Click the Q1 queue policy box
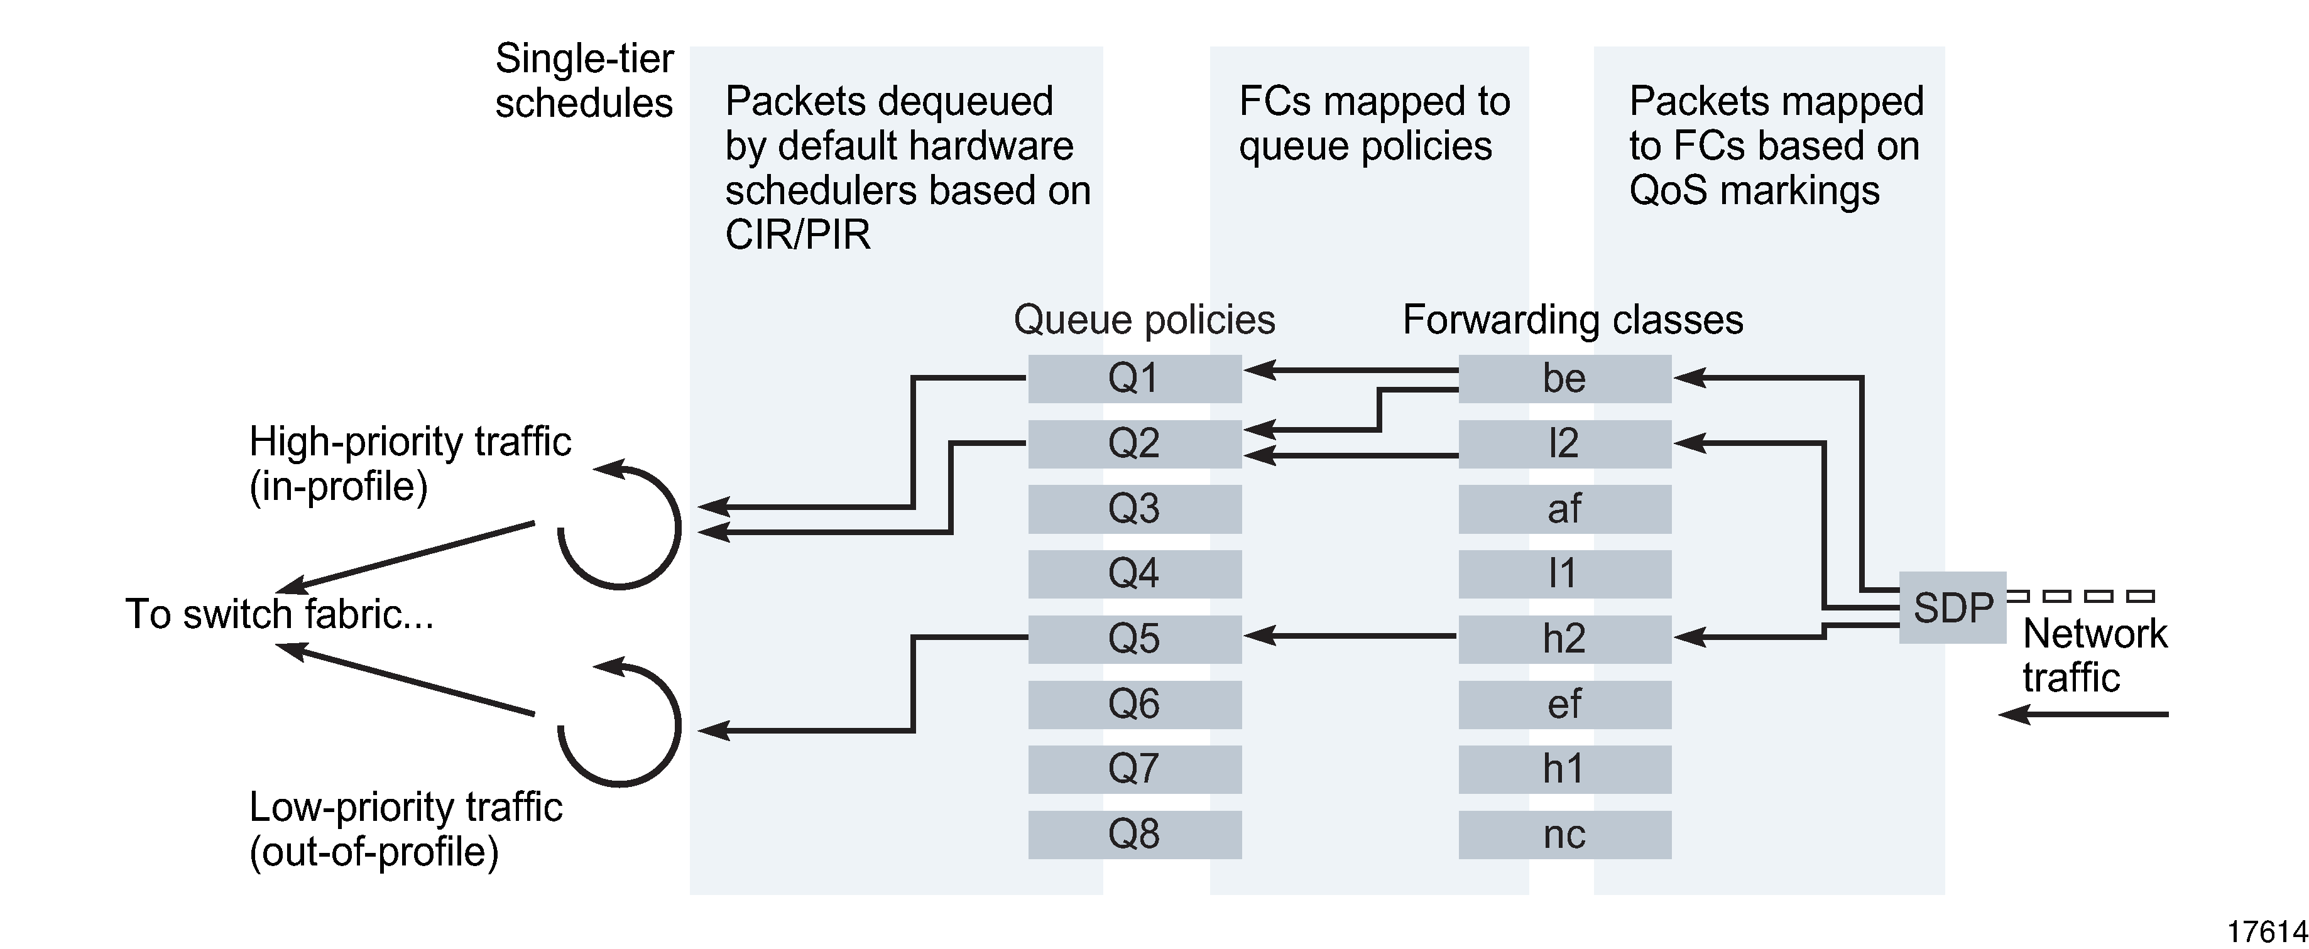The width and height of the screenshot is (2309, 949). (x=1134, y=378)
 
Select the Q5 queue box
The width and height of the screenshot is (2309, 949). (x=1134, y=638)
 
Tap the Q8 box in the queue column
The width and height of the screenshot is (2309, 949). (x=1134, y=834)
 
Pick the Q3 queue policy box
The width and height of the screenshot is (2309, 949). (x=1134, y=508)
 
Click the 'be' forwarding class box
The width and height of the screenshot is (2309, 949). (x=1564, y=378)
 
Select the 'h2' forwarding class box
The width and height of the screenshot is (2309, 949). (x=1564, y=638)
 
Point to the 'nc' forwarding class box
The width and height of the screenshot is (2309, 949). (x=1564, y=834)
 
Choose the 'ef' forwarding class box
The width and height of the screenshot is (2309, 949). (x=1564, y=703)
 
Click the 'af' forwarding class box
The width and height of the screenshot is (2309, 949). (x=1564, y=508)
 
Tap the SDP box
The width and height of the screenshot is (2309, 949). (x=1952, y=607)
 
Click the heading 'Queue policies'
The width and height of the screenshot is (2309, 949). (x=1144, y=320)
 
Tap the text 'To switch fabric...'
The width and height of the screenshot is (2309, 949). (x=279, y=615)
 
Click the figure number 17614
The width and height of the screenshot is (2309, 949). (x=2266, y=932)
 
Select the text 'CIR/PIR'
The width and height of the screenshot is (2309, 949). (x=797, y=235)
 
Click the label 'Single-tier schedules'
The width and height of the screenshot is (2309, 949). (x=584, y=80)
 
